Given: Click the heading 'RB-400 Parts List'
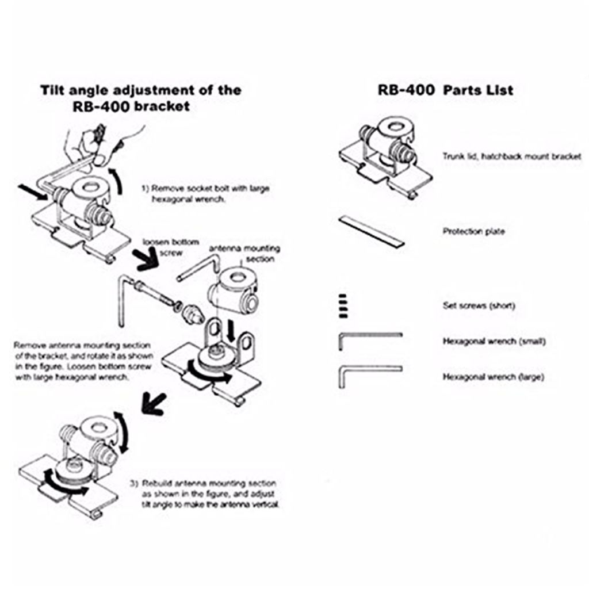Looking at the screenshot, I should coord(445,90).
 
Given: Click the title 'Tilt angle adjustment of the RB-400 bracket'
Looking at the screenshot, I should coord(141,98).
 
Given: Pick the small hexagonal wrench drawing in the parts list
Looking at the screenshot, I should coord(369,339).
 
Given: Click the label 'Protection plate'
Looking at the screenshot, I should coord(473,232).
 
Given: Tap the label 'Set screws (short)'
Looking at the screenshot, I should coord(479,305).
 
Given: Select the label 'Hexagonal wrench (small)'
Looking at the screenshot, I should coord(494,341).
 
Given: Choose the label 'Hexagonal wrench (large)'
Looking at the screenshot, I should coord(493,377).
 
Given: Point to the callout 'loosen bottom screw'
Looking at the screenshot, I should coord(171,247).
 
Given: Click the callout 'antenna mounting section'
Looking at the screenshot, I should coord(244,254).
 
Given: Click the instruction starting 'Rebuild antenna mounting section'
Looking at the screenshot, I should coord(210,494).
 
